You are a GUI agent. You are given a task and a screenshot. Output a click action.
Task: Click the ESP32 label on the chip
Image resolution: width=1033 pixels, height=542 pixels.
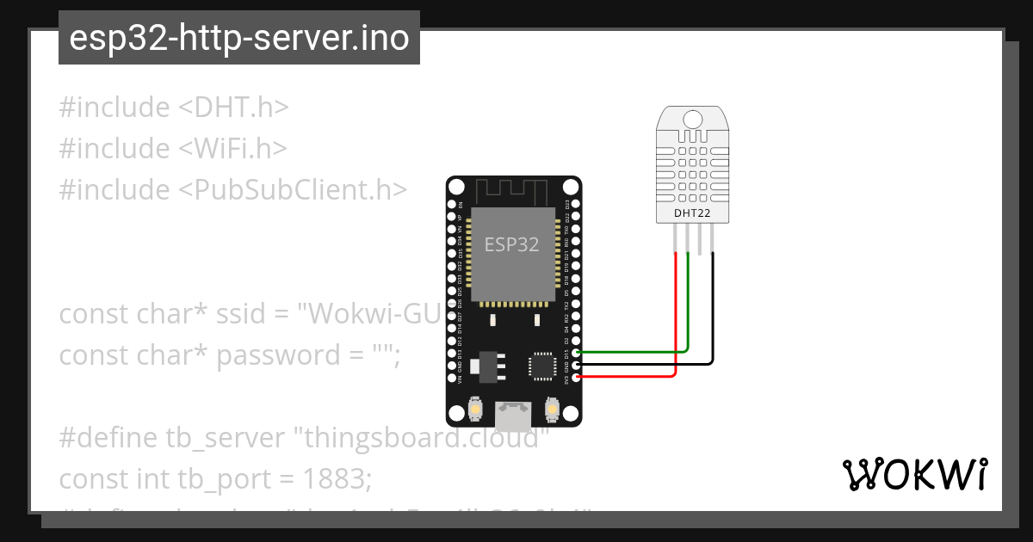click(511, 244)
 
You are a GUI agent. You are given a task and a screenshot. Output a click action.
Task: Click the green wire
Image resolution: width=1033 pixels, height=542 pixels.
click(637, 352)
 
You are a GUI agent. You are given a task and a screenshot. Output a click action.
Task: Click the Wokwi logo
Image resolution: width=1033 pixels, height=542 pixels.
click(914, 475)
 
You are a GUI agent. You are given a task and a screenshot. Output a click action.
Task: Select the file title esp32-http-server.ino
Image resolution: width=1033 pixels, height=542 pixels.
click(238, 38)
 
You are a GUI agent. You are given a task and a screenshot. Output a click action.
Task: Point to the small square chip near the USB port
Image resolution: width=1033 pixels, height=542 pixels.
click(543, 366)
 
